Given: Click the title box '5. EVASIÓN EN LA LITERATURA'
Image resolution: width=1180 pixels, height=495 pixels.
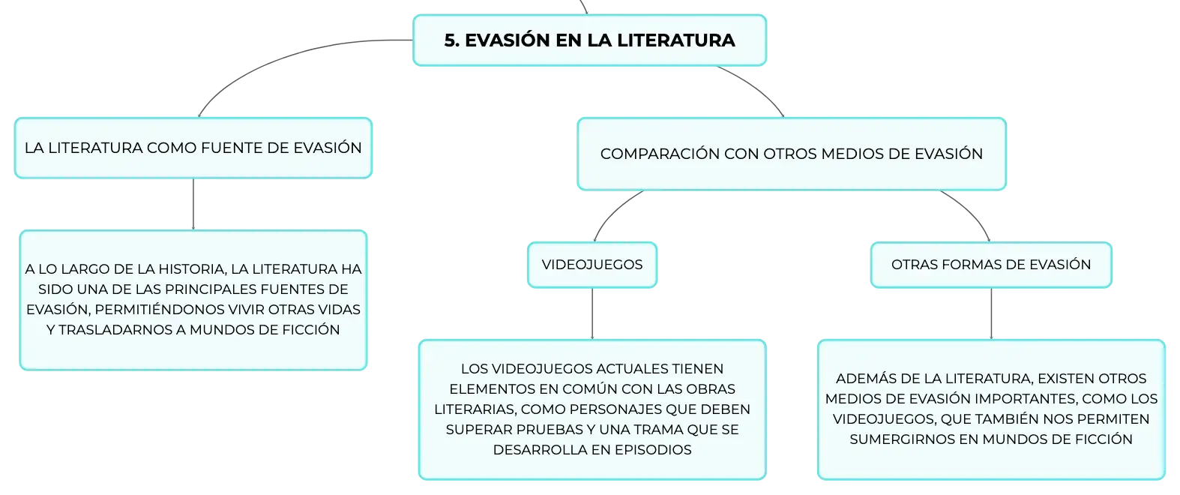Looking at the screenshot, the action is pos(589,40).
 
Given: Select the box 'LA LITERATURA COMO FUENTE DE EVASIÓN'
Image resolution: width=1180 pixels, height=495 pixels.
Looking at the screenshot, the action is pos(193,148).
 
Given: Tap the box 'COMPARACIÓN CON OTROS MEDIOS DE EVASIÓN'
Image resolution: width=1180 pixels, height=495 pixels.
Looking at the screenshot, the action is pos(792,154).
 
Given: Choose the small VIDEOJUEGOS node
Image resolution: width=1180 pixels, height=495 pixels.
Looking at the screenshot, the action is pos(592,265).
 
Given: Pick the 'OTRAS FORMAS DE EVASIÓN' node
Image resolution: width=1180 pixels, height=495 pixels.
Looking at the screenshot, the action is pos(991,265).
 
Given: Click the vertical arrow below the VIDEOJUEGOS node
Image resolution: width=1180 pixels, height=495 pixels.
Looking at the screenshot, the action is pos(592,313).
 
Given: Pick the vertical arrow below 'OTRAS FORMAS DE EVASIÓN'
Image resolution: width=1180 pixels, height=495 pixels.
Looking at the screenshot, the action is pos(991,313).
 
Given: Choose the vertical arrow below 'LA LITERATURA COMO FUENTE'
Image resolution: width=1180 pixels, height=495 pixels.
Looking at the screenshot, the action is pos(193,204).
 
